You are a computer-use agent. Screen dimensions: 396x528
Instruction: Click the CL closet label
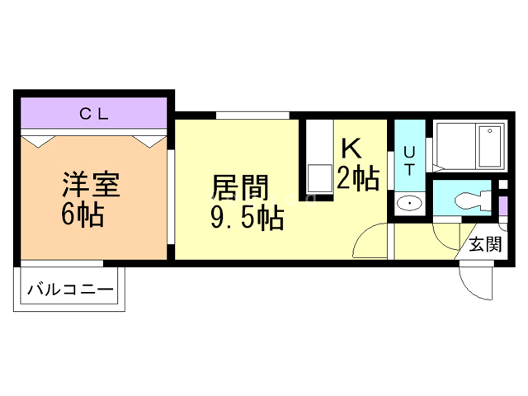pos(93,115)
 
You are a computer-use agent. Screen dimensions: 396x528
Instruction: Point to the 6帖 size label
pos(82,214)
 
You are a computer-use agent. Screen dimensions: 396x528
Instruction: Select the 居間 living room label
pos(240,186)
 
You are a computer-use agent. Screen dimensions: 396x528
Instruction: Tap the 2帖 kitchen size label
pos(357,177)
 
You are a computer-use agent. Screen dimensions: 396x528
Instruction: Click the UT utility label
pos(409,158)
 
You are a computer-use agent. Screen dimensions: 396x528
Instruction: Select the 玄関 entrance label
pos(486,243)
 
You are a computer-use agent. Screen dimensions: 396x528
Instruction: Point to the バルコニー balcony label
pos(69,290)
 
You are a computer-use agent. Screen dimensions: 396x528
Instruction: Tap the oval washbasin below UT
pos(408,203)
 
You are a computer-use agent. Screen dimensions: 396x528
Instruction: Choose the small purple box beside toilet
pos(502,204)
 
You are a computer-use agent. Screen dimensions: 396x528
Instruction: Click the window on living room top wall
pos(253,115)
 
